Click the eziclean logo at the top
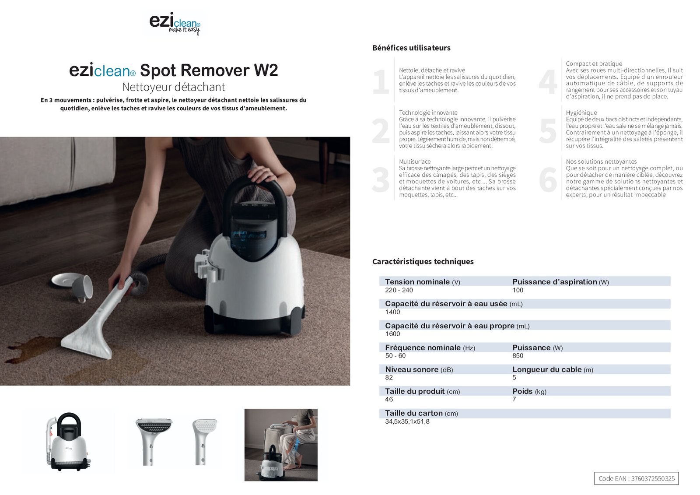coord(175,24)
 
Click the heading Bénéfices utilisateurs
coord(411,48)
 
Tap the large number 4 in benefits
coord(548,82)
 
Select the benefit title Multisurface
coord(415,161)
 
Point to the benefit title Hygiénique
coord(581,112)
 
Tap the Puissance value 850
coord(518,356)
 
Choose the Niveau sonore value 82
coord(389,378)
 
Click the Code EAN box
coord(636,478)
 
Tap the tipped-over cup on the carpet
coord(82,287)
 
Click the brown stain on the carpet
coord(35,350)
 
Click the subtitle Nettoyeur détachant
coord(173,87)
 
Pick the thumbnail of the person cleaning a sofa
coord(281,445)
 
